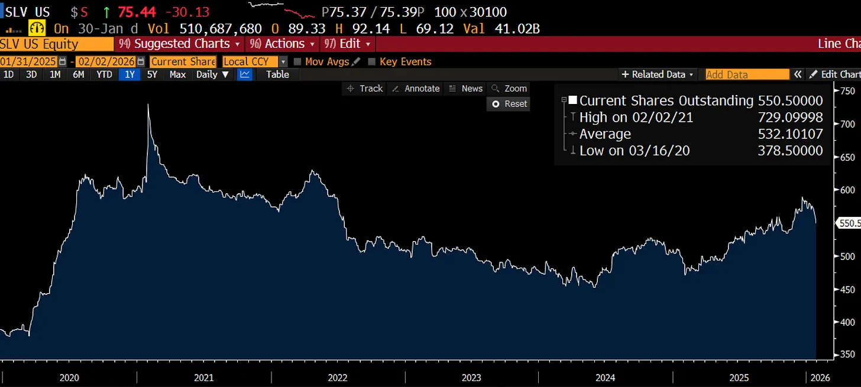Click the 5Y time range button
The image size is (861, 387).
point(152,74)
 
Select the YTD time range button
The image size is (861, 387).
point(104,74)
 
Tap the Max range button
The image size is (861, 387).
point(177,74)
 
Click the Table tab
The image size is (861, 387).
point(277,74)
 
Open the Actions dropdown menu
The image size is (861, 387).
point(284,44)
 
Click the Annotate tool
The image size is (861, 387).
point(416,89)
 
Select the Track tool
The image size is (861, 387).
point(365,89)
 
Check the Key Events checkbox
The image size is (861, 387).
point(371,61)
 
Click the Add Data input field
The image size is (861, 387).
point(747,74)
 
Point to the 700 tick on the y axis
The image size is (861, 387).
point(848,124)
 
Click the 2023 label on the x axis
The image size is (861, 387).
point(471,378)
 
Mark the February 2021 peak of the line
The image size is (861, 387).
point(148,105)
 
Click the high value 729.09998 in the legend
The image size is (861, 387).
point(790,118)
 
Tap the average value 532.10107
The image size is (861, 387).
point(790,134)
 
